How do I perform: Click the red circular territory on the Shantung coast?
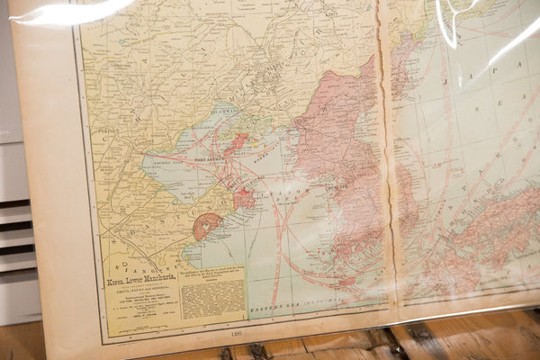207,225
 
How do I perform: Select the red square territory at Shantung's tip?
243,199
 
